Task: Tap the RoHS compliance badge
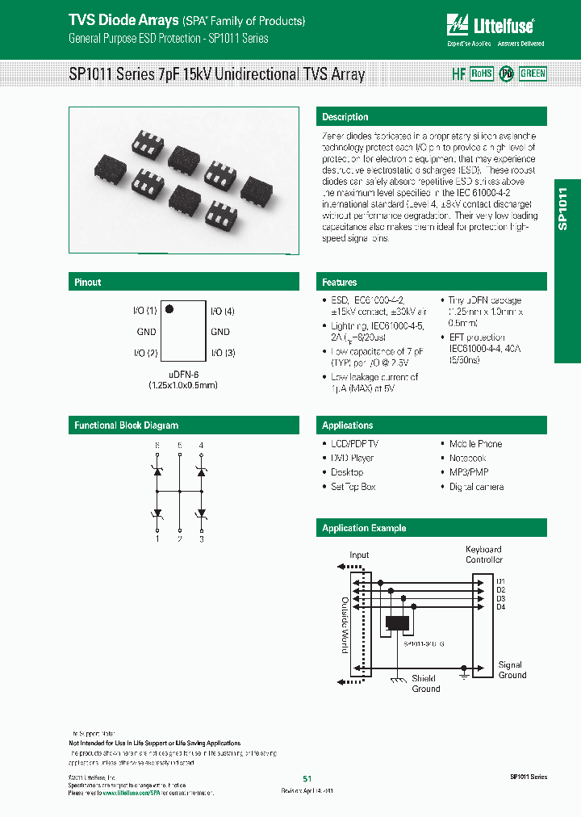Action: pos(481,73)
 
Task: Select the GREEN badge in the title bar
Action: pos(533,73)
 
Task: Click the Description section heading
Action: pos(345,117)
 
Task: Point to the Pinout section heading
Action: pos(88,283)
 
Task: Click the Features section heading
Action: pos(340,283)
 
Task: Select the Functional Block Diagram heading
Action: pos(127,425)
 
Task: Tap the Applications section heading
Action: pos(348,425)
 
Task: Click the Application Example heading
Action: pos(364,528)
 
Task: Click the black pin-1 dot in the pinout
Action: pos(169,308)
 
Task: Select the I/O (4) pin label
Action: pos(223,311)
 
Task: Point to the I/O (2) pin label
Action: pos(144,353)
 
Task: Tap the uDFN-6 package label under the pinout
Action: pos(183,375)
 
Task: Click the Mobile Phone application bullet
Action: pos(475,444)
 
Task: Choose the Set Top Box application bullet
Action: pos(353,487)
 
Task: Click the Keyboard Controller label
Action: pos(483,555)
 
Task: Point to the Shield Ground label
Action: pos(426,684)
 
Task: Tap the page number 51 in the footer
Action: pos(307,778)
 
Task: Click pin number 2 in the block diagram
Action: pos(179,538)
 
